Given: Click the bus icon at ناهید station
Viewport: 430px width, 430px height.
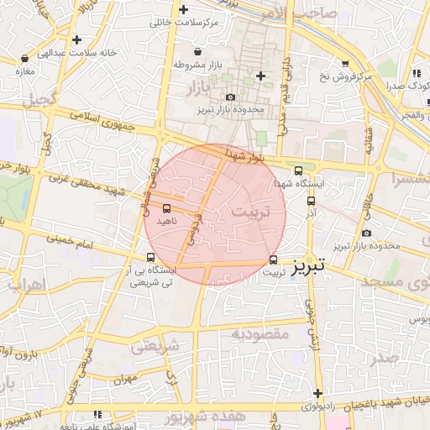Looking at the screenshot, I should tap(166, 207).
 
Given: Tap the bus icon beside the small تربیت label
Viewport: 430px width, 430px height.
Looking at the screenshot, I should tap(274, 260).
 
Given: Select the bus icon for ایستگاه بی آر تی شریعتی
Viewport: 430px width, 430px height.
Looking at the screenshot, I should tap(150, 258).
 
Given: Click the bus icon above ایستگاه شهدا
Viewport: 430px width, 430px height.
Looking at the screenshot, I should tap(298, 170).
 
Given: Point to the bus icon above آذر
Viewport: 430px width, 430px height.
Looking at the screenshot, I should tap(312, 202).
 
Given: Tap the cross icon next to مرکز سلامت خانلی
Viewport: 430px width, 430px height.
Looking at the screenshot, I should tap(184, 9).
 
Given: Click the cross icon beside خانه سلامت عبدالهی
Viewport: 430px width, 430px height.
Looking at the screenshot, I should tap(77, 39).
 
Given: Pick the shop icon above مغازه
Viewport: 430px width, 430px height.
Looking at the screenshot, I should tap(24, 60).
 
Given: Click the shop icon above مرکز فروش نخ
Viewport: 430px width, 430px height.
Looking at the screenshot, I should tap(345, 64).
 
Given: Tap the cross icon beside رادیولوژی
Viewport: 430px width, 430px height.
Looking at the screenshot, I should tap(317, 393).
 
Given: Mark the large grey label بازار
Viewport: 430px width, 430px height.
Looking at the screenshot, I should tap(193, 87).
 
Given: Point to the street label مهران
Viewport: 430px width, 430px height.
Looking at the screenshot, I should tap(127, 380).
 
